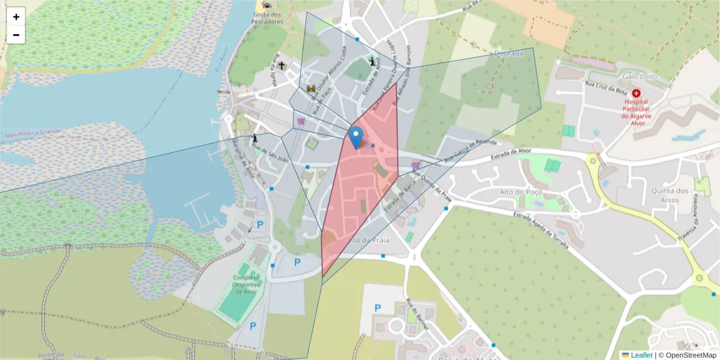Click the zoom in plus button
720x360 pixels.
pos(16,17)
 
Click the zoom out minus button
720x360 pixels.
pos(16,35)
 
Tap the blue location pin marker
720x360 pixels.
pos(356,138)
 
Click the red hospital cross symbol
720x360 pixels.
pos(636,94)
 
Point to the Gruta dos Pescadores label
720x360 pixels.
pos(268,18)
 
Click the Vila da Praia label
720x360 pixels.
pos(372,239)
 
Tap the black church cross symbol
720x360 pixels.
pos(281,65)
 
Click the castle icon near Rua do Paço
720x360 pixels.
pos(311,89)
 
